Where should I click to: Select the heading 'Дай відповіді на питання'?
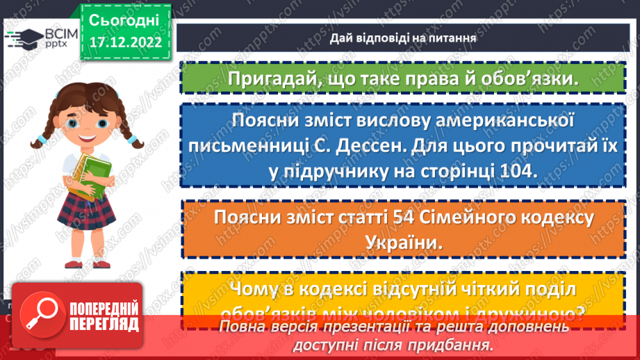403,38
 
